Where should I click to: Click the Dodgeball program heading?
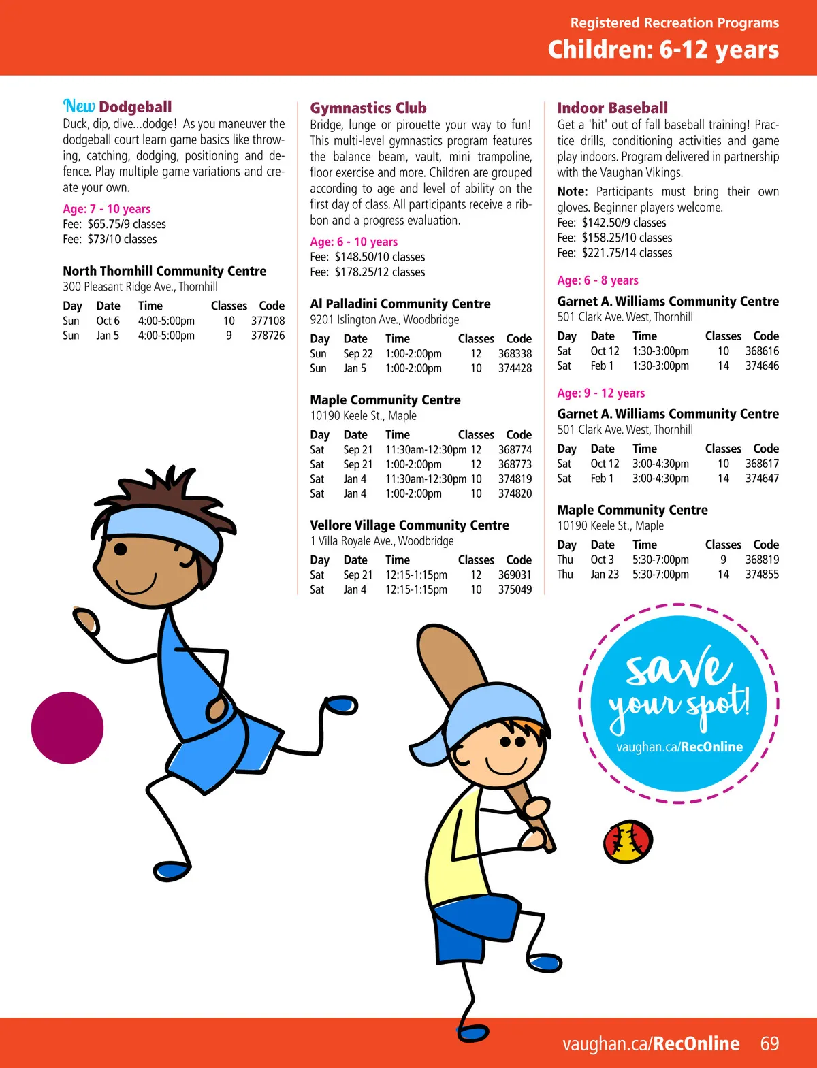(135, 107)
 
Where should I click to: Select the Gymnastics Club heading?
(368, 108)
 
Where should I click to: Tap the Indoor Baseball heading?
(612, 108)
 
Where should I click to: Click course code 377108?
(268, 321)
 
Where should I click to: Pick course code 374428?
(515, 368)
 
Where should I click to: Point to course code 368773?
(515, 464)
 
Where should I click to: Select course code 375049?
(515, 589)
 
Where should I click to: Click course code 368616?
(762, 351)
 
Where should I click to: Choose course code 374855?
(762, 575)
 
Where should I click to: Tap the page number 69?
(769, 1043)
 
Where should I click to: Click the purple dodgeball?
(67, 728)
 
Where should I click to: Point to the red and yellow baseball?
(628, 841)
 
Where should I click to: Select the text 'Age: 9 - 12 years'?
(600, 393)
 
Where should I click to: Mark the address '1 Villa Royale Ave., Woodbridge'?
(382, 541)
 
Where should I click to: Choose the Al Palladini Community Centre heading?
(400, 304)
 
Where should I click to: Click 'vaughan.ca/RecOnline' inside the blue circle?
(679, 747)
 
